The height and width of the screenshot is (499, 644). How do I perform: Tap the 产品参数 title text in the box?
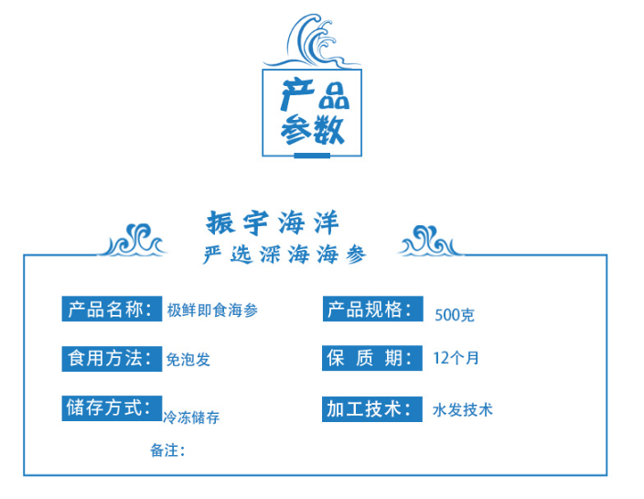314,112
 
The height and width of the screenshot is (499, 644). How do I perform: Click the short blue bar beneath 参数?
312,156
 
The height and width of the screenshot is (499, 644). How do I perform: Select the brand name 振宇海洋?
273,222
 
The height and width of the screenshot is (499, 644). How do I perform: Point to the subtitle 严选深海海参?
284,255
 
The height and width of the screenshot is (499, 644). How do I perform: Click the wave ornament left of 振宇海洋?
133,241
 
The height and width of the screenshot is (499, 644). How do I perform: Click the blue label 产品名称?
112,309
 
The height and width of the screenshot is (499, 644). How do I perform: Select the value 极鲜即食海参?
212,310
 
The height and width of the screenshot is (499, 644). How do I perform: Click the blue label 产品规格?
373,309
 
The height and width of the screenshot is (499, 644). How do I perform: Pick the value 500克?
455,315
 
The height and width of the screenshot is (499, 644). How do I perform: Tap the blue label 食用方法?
112,359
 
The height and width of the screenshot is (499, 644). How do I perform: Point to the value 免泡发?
188,360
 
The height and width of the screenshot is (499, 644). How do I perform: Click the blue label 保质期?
372,358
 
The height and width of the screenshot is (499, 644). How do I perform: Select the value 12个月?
456,358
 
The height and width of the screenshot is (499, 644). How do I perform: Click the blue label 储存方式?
112,408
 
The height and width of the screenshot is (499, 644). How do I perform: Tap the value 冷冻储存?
191,418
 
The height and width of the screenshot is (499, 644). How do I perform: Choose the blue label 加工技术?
372,409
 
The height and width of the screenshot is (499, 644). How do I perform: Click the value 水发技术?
463,410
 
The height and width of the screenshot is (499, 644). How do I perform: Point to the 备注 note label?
167,450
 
